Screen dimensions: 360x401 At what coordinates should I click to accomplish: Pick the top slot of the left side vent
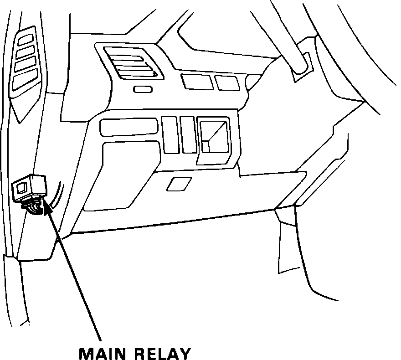(26, 39)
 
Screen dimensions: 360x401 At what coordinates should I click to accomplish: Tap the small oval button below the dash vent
(143, 89)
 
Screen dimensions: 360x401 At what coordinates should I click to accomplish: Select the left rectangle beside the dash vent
(197, 82)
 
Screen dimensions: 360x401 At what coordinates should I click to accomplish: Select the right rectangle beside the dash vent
(227, 82)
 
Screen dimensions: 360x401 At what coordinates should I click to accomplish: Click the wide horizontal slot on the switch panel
(128, 127)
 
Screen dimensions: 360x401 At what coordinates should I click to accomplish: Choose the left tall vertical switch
(170, 134)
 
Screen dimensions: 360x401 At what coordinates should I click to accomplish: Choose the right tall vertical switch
(187, 134)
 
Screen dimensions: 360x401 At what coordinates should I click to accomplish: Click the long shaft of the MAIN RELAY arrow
(77, 278)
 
